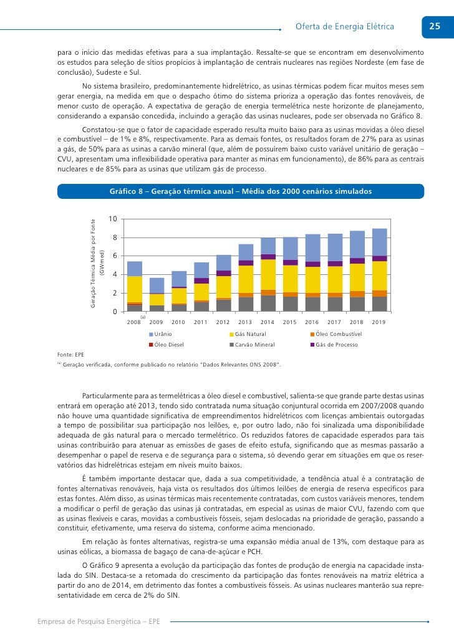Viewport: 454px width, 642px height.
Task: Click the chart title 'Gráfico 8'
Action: pyautogui.click(x=240, y=191)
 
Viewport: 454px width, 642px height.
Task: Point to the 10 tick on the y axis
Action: pyautogui.click(x=112, y=219)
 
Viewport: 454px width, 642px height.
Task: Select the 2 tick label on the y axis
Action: pyautogui.click(x=115, y=293)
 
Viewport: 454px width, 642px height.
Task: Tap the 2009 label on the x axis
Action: pyautogui.click(x=156, y=322)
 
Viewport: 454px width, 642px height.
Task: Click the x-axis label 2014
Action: pyautogui.click(x=268, y=322)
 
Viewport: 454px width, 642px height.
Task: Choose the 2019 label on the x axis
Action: pyautogui.click(x=379, y=322)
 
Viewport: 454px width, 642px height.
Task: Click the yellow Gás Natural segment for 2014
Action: pyautogui.click(x=268, y=274)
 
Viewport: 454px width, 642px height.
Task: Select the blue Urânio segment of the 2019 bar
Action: pyautogui.click(x=379, y=242)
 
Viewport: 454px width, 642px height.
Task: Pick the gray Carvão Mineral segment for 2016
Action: pyautogui.click(x=312, y=304)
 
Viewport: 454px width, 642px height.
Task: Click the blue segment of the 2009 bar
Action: pyautogui.click(x=157, y=285)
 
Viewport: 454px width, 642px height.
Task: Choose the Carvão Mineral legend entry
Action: pyautogui.click(x=251, y=345)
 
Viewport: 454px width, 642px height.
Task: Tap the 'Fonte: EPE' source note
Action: pyautogui.click(x=70, y=355)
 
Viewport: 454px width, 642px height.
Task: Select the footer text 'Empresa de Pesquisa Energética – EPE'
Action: pyautogui.click(x=99, y=622)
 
